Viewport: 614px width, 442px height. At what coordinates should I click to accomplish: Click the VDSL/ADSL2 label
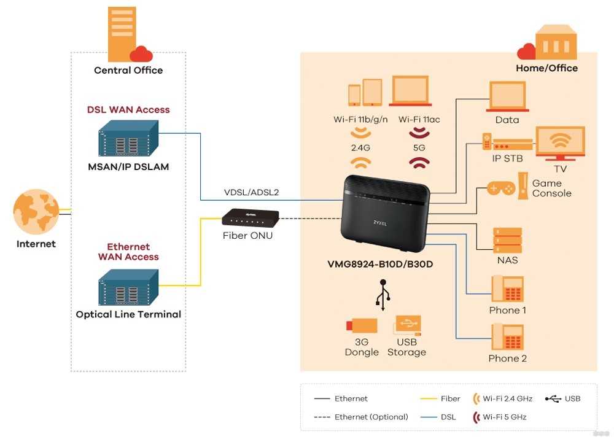click(251, 192)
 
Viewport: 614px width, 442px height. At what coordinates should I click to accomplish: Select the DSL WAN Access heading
click(128, 110)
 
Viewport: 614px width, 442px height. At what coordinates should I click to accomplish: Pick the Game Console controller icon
click(502, 188)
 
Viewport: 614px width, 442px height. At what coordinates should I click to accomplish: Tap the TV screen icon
click(559, 143)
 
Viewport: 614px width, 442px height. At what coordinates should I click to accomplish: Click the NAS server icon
click(507, 239)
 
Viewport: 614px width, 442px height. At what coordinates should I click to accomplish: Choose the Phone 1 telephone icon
click(507, 288)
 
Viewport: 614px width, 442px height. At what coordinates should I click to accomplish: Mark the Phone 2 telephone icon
click(507, 336)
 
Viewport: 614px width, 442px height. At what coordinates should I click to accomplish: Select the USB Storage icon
click(406, 325)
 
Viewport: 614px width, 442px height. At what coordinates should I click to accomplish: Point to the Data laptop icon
click(507, 95)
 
